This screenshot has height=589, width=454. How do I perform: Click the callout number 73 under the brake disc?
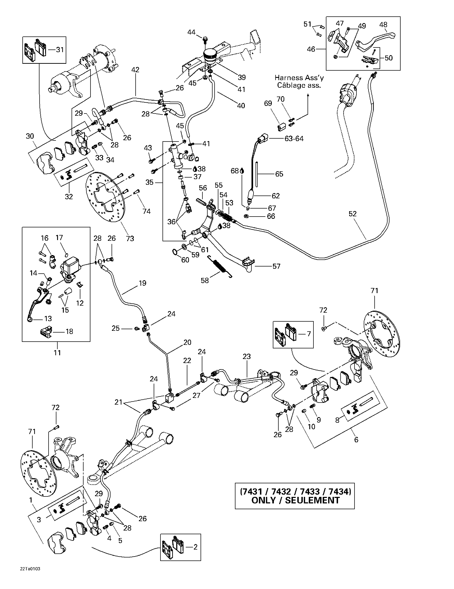pos(130,238)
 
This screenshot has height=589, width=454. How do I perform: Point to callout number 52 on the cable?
pos(352,214)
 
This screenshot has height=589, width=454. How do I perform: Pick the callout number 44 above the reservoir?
pos(191,32)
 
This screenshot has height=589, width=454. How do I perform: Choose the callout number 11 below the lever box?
pos(57,352)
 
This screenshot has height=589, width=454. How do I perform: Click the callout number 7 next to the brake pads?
pos(309,334)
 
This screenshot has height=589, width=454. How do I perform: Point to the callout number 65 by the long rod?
pos(279,174)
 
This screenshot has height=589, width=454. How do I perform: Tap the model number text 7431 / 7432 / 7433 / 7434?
pos(295,491)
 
